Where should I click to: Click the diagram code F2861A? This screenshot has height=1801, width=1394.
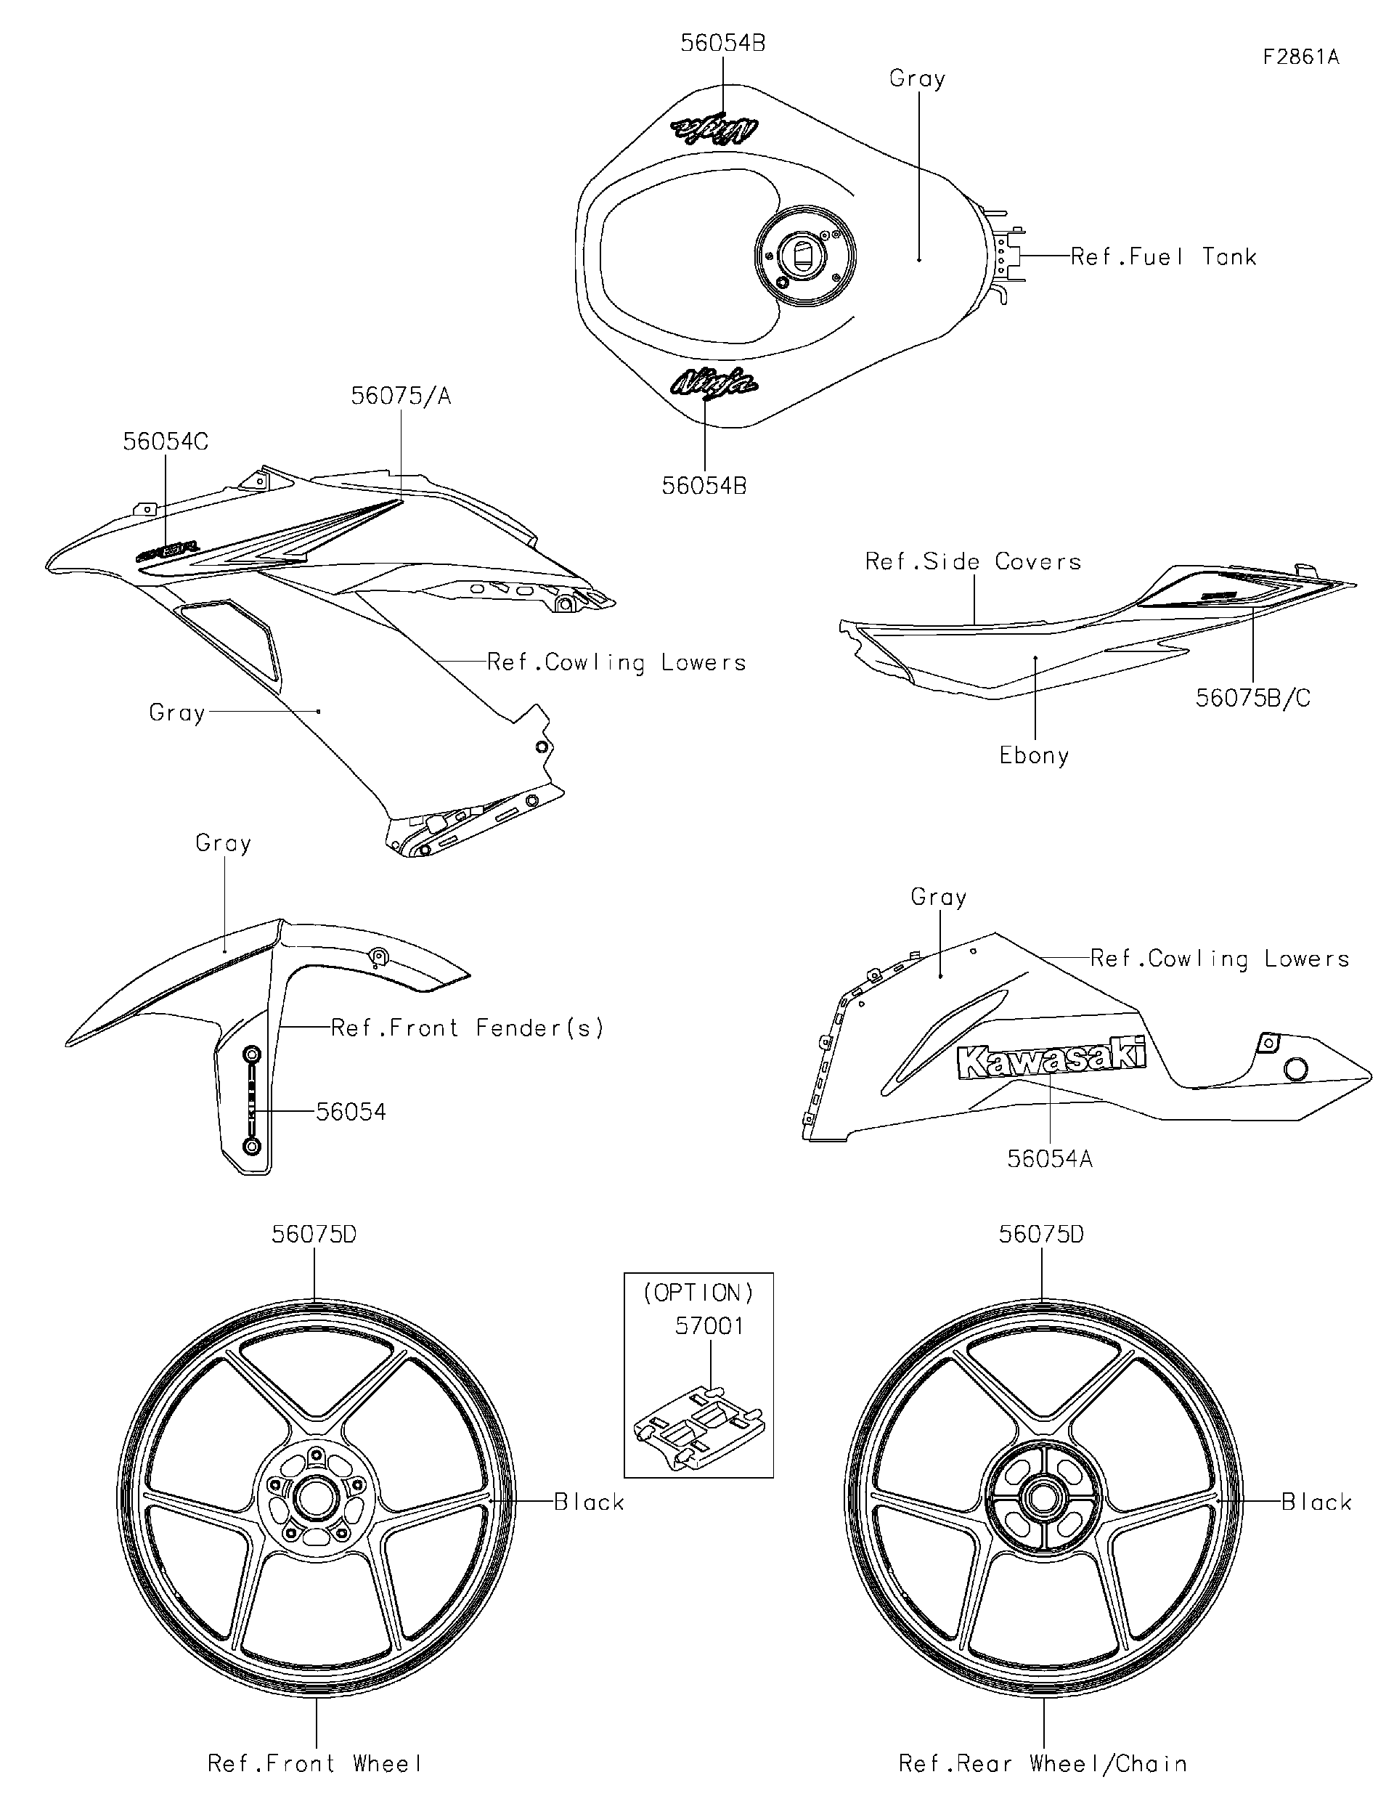1301,57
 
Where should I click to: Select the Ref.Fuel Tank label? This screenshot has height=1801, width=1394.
1163,257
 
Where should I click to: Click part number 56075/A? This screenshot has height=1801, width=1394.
402,396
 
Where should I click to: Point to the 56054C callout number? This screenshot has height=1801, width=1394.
166,442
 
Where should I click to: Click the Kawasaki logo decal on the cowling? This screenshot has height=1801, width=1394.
1051,1059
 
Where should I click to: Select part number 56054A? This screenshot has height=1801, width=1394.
1049,1158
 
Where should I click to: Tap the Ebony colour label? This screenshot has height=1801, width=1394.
1034,755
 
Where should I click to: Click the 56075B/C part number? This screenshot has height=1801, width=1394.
1252,699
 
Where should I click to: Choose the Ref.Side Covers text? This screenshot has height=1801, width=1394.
973,561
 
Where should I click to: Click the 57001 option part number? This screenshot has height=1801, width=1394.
709,1326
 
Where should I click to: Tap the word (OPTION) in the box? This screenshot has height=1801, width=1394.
698,1293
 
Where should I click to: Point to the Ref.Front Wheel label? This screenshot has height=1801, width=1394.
315,1764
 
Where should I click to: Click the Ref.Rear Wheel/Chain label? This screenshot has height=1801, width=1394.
1043,1764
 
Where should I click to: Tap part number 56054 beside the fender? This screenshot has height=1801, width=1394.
351,1113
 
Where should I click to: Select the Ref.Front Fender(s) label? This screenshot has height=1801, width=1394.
468,1028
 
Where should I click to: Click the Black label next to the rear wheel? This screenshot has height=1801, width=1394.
1316,1503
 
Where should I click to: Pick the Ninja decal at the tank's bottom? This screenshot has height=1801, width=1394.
714,383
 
